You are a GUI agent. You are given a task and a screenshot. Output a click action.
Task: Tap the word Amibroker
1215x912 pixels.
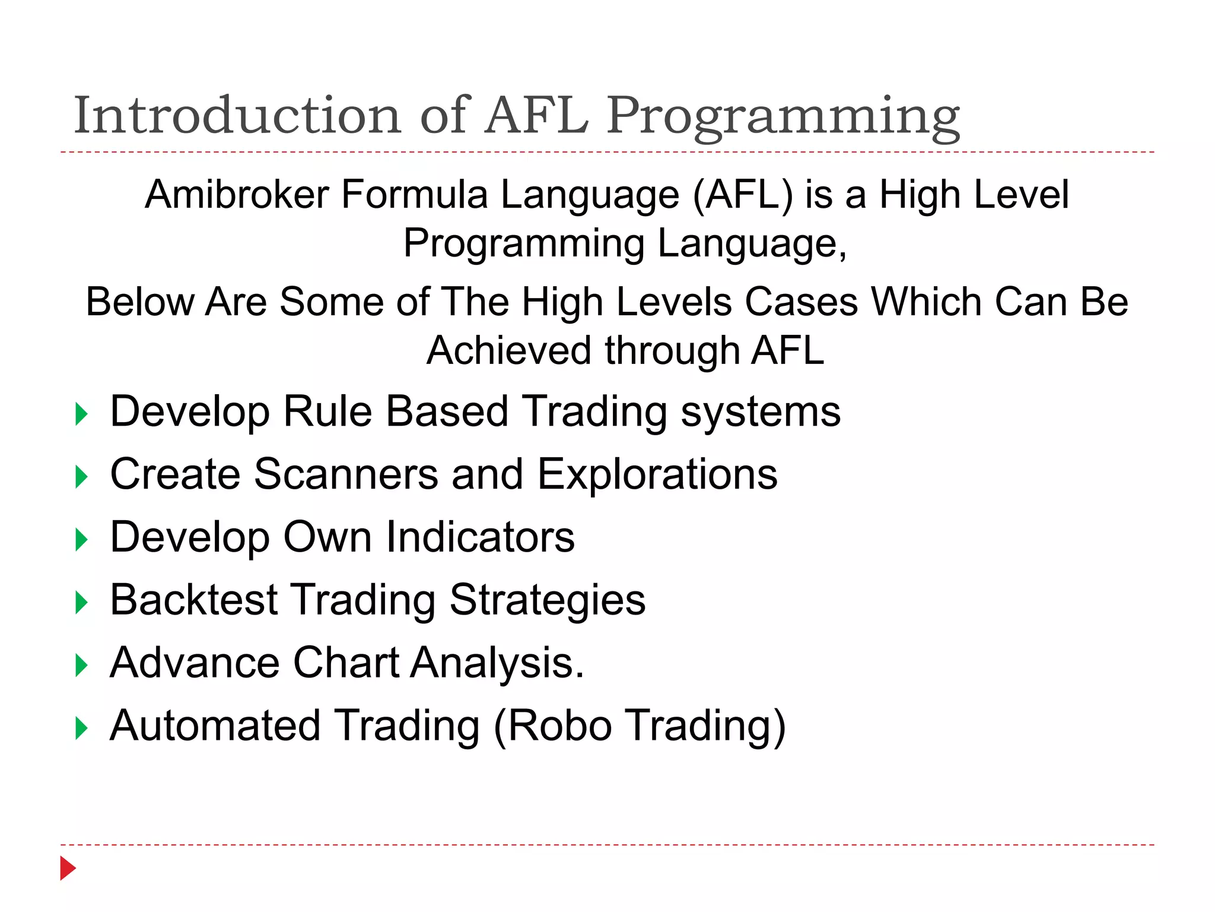(x=237, y=194)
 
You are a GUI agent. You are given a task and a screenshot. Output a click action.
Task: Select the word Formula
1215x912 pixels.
(x=414, y=194)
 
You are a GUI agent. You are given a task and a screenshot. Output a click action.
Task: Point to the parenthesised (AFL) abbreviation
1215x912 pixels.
(x=743, y=194)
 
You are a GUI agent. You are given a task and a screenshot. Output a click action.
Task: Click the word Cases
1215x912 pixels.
(x=801, y=302)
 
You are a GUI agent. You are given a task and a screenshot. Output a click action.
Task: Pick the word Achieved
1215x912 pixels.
(x=509, y=350)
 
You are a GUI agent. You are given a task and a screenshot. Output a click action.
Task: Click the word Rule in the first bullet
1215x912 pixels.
(x=327, y=411)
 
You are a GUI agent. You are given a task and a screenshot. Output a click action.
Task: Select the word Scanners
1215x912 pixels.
(x=346, y=474)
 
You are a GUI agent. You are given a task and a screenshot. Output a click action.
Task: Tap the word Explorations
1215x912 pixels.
(x=657, y=474)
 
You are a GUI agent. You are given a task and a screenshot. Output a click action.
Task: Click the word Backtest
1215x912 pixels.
(x=193, y=600)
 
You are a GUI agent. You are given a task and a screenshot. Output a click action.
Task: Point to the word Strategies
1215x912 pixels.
(x=547, y=600)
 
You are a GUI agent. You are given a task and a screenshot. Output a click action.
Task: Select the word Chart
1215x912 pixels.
(x=346, y=663)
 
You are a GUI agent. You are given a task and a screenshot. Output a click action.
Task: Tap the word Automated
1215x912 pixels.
(x=215, y=726)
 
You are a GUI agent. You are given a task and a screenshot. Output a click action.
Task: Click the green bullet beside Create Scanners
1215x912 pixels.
(x=82, y=477)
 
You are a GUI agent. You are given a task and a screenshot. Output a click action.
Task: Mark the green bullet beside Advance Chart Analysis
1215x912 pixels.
(x=82, y=666)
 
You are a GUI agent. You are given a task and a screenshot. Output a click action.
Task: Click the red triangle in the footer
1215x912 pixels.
(x=68, y=869)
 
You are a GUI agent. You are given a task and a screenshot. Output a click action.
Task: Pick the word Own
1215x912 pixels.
(x=327, y=537)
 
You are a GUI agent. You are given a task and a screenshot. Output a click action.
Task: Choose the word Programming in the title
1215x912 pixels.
(x=783, y=116)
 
